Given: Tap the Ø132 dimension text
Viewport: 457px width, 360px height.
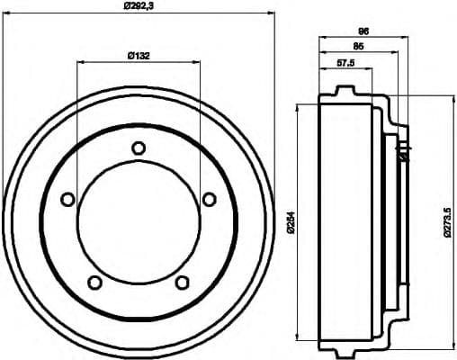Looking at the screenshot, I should [138, 56].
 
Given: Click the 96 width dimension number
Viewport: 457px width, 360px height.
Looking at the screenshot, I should [364, 31].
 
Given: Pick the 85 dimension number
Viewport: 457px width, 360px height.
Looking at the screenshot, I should [359, 46].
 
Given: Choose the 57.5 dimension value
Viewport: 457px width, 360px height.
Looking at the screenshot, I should [345, 63].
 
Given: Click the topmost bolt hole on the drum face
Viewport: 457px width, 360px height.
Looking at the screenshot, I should [138, 148].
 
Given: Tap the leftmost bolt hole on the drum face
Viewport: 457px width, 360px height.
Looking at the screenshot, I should [67, 200].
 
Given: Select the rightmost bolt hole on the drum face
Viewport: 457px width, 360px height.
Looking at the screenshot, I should [209, 200].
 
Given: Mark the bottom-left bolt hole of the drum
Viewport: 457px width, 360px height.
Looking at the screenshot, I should [94, 283].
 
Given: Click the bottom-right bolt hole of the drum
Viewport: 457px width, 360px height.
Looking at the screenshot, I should [182, 283].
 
